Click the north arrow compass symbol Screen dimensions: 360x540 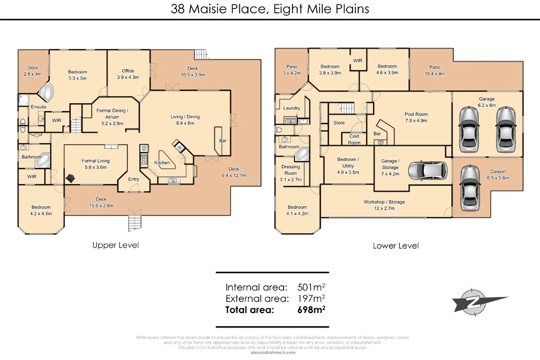[480, 303]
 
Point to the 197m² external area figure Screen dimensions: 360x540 [312, 298]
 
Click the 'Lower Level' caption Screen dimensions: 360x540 [396, 246]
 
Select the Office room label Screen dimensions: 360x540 [128, 71]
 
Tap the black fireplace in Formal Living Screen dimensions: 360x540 [70, 177]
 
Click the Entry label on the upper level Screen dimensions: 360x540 [133, 179]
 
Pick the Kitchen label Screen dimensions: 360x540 [162, 162]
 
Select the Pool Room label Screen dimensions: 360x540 [416, 114]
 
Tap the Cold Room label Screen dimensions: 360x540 [354, 139]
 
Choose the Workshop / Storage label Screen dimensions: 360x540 [383, 202]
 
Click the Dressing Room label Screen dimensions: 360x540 [291, 170]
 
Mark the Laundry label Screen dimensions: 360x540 [292, 108]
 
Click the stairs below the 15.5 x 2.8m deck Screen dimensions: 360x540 [134, 222]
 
